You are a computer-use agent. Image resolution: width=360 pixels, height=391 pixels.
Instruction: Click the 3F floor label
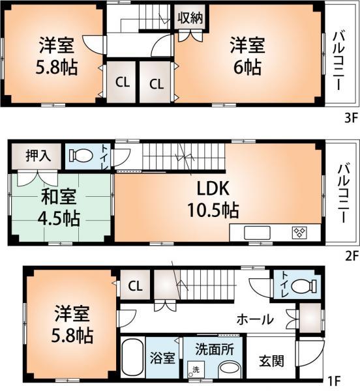tap(350, 119)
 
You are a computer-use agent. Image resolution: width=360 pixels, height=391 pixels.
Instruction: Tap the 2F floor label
tap(350, 256)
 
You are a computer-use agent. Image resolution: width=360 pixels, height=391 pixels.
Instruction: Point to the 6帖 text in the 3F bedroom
tap(245, 67)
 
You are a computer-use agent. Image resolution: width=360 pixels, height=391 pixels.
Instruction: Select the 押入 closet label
tap(37, 156)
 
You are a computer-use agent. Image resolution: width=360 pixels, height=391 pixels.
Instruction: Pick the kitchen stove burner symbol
tap(299, 233)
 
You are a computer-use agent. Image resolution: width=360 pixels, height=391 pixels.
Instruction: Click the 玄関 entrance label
tap(270, 359)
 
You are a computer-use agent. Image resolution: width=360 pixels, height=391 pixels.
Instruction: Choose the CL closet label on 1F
tap(135, 285)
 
